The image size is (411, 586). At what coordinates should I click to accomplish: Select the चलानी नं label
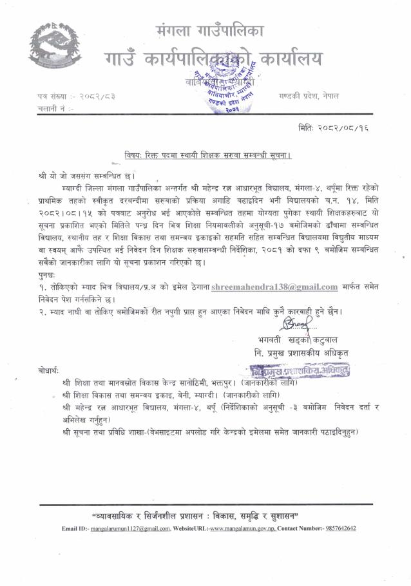pyautogui.click(x=55, y=109)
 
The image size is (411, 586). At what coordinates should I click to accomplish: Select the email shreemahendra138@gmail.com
pyautogui.click(x=287, y=287)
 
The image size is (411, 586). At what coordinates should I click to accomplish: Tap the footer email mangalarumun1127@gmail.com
pyautogui.click(x=125, y=529)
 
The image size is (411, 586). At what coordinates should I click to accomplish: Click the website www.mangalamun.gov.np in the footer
pyautogui.click(x=245, y=529)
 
